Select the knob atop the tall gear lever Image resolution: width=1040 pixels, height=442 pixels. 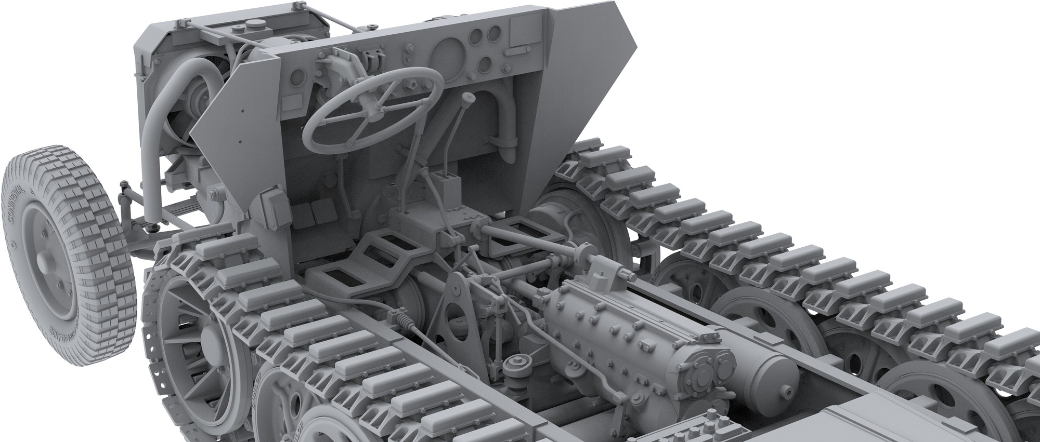click(x=470, y=98)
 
